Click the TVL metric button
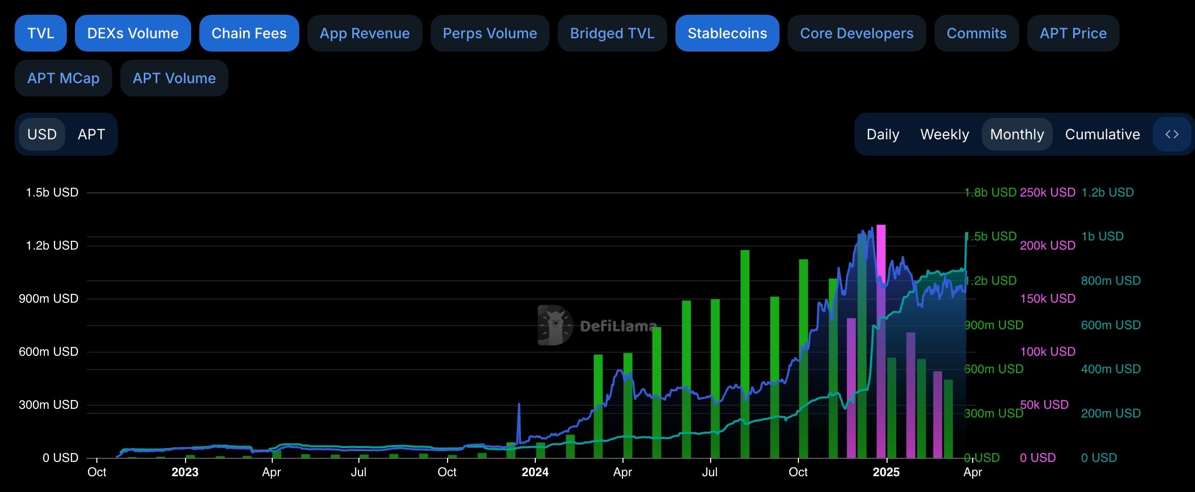41,33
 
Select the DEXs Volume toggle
133,33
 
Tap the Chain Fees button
249,33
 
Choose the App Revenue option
365,33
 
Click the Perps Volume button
489,33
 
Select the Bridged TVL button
612,33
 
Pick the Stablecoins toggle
727,33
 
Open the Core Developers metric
856,33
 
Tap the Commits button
976,33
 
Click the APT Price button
1073,33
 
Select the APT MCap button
63,78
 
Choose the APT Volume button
174,78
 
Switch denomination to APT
91,134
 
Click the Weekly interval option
944,134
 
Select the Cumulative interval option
1102,134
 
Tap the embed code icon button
1172,134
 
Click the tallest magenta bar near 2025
880,342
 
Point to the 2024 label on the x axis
535,472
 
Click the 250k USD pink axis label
1047,192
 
